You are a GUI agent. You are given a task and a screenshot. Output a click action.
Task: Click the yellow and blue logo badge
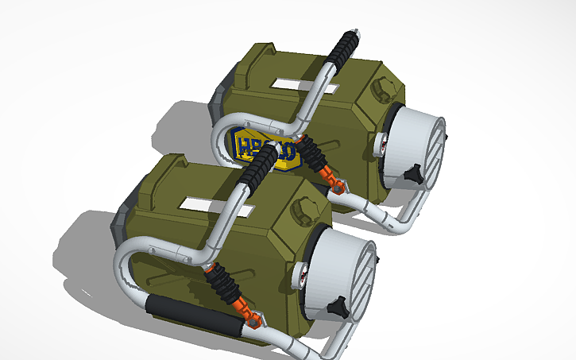coord(269,149)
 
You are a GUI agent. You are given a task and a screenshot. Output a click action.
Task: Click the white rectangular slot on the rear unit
coord(291,82)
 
